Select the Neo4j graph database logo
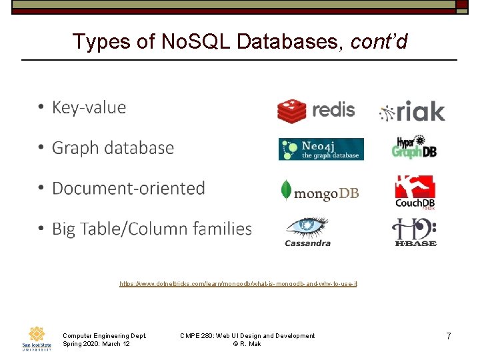(321, 149)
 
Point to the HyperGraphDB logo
(414, 147)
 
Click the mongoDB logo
(320, 191)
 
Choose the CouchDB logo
(415, 192)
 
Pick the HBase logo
(414, 232)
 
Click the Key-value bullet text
(89, 108)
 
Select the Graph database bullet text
(113, 148)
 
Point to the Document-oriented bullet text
(128, 189)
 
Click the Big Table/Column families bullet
(151, 229)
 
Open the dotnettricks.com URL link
(238, 284)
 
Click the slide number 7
(449, 337)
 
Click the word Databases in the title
(286, 42)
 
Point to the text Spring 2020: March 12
(96, 343)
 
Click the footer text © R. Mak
(247, 343)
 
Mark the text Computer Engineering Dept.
(104, 335)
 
